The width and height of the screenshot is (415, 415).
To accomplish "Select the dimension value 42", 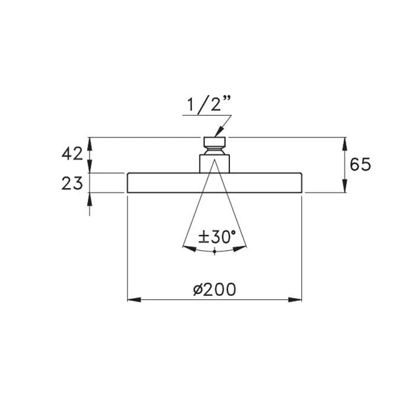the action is (72, 154).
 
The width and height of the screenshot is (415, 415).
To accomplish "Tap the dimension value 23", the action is (72, 183).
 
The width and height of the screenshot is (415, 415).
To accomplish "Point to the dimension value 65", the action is (360, 164).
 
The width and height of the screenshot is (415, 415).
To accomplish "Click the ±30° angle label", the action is (217, 237).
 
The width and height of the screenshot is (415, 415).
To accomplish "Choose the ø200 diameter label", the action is (215, 289).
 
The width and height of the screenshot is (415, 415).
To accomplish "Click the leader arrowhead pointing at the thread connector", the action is (219, 132).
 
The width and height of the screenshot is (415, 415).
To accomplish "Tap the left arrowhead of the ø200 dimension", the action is (134, 300).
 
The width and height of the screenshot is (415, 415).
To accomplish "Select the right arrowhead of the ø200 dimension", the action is (295, 300).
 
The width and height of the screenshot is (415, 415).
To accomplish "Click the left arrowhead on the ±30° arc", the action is (190, 248).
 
